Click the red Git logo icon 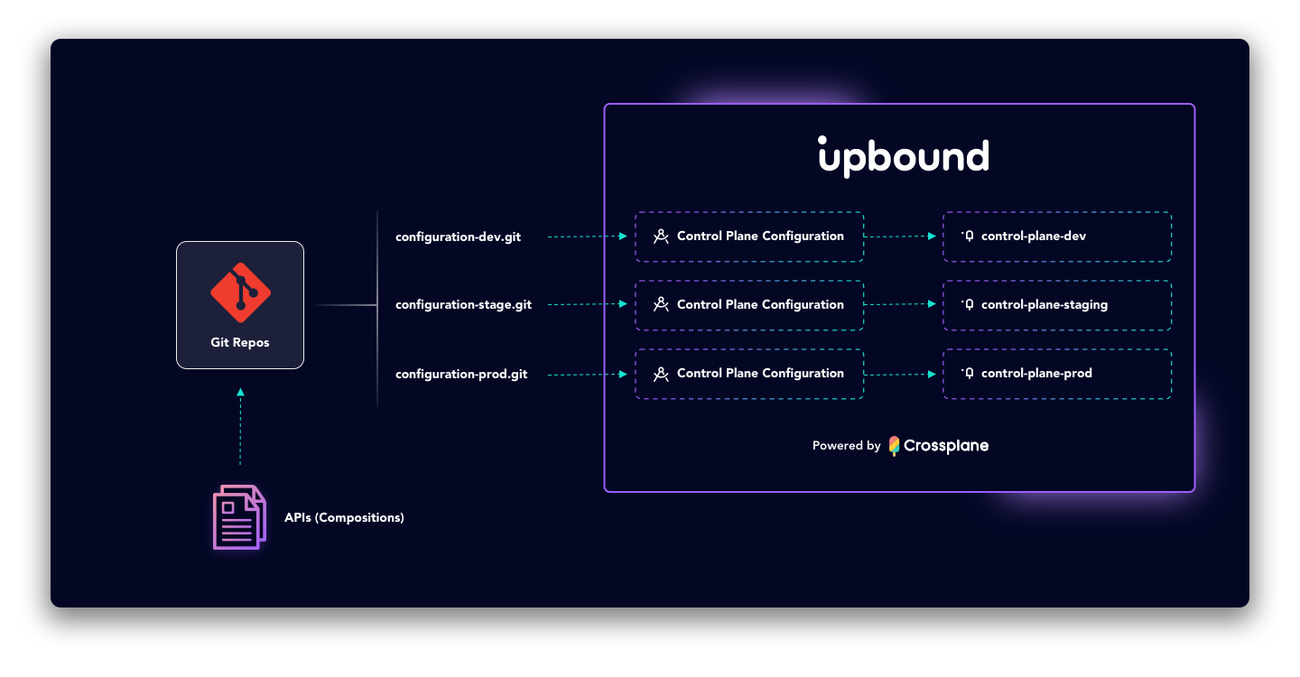point(240,292)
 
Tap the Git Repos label point(240,343)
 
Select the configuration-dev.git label point(458,237)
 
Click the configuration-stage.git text point(463,305)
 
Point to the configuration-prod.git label point(461,374)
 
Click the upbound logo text point(904,157)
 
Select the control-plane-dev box point(1057,236)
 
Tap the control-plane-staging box point(1057,305)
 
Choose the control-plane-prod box point(1057,374)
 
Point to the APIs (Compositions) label point(344,518)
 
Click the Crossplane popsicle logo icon point(894,446)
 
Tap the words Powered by point(846,446)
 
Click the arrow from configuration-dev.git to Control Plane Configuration point(587,236)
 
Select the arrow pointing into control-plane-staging point(901,305)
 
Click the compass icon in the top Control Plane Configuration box point(661,236)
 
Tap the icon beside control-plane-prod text point(968,374)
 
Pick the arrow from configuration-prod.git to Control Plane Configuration point(587,374)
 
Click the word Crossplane point(946,446)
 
